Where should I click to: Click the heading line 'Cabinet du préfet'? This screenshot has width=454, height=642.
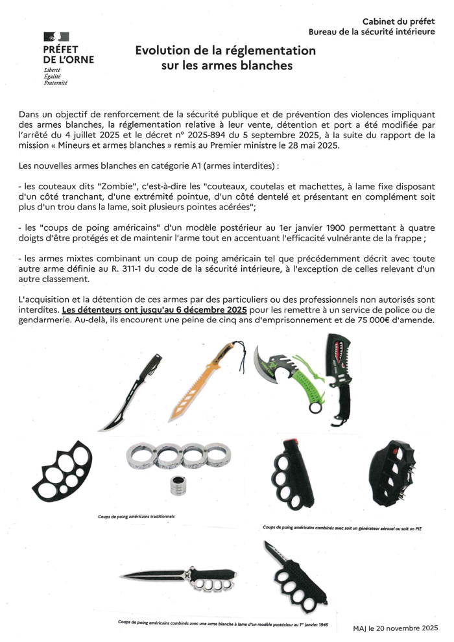click(x=398, y=21)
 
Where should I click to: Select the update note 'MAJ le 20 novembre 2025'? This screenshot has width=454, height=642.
click(x=396, y=628)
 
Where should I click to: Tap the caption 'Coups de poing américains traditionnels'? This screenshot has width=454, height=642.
click(x=132, y=517)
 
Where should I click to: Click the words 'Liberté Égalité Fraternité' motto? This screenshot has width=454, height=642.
click(x=56, y=76)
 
